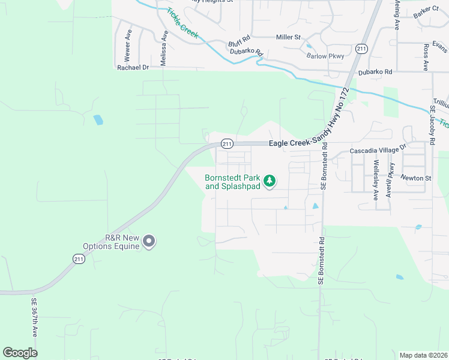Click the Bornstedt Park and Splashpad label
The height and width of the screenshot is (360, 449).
click(x=233, y=182)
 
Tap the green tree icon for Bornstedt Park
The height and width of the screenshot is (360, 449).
click(x=270, y=180)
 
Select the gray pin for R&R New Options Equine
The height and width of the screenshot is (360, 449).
click(x=149, y=242)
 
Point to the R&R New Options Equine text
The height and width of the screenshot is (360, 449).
click(x=122, y=242)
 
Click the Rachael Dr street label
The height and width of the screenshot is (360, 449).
click(x=132, y=67)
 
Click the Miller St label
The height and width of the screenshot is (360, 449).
click(x=288, y=37)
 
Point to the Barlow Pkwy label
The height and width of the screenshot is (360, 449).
click(x=325, y=56)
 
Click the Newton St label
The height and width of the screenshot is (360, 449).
click(x=417, y=178)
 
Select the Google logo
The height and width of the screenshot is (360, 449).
click(x=20, y=353)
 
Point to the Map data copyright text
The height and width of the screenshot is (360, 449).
click(x=423, y=355)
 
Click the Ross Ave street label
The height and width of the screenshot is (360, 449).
click(x=426, y=57)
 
